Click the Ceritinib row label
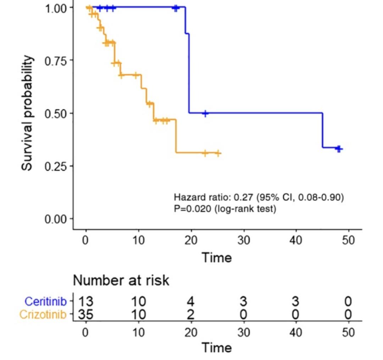pyautogui.click(x=45, y=302)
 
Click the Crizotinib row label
pyautogui.click(x=43, y=314)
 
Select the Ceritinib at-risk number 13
pyautogui.click(x=85, y=302)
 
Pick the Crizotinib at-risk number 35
pyautogui.click(x=85, y=314)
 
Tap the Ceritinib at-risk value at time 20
pyautogui.click(x=191, y=302)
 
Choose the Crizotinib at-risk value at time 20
pyautogui.click(x=191, y=314)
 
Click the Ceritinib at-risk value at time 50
pyautogui.click(x=348, y=302)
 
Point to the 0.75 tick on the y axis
pyautogui.click(x=56, y=60)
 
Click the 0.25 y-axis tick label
pyautogui.click(x=56, y=166)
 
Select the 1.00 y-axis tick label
pyautogui.click(x=56, y=8)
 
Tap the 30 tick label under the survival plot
pyautogui.click(x=243, y=240)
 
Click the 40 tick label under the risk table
pyautogui.click(x=295, y=332)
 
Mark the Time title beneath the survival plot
pyautogui.click(x=217, y=257)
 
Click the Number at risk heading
pyautogui.click(x=121, y=280)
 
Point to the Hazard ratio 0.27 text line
pyautogui.click(x=259, y=197)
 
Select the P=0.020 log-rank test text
pyautogui.click(x=225, y=209)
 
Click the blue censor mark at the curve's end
pyautogui.click(x=339, y=149)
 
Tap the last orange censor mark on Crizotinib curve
pyautogui.click(x=218, y=153)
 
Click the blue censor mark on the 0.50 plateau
pyautogui.click(x=205, y=113)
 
